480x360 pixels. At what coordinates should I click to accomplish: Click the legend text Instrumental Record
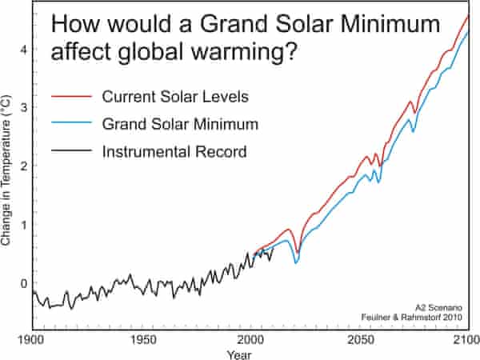[174, 150]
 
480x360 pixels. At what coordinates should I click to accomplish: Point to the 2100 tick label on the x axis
[466, 338]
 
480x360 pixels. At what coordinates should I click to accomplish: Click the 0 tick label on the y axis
[24, 283]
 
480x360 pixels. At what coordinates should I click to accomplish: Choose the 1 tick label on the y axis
[24, 225]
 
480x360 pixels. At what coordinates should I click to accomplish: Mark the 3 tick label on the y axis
[24, 107]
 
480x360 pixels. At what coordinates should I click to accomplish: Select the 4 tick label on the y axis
[24, 49]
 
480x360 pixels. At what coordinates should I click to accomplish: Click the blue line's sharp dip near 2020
[296, 262]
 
